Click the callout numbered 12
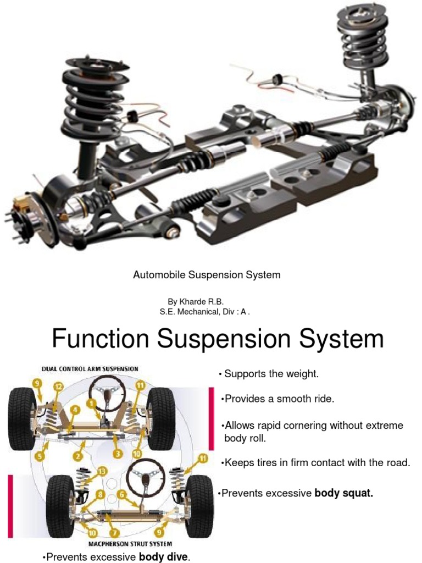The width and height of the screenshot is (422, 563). point(58,387)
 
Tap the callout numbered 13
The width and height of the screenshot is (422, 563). point(101,471)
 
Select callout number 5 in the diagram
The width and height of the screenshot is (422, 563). point(39,455)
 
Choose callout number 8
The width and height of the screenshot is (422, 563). point(100,495)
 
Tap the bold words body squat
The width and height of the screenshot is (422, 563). point(343,493)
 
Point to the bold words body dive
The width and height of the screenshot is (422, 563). point(164,557)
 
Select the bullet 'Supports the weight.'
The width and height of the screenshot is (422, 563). point(271,374)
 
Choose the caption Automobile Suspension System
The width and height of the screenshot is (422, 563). point(207,275)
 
